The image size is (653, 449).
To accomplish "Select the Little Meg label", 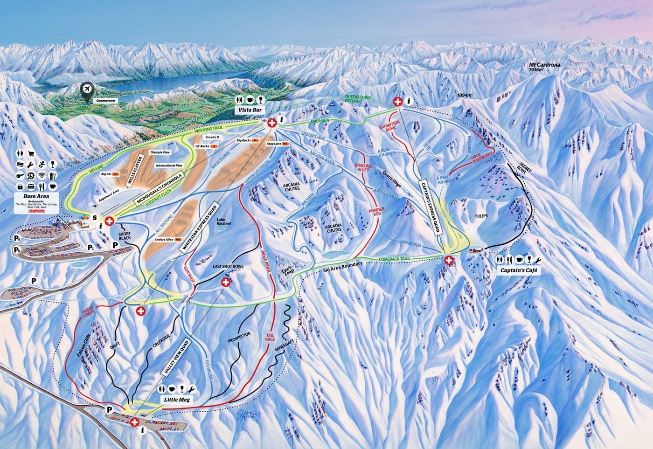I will [x=177, y=400].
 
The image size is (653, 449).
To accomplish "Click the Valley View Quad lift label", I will [x=175, y=357].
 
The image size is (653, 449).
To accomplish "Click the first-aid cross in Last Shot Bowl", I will [x=225, y=283].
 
